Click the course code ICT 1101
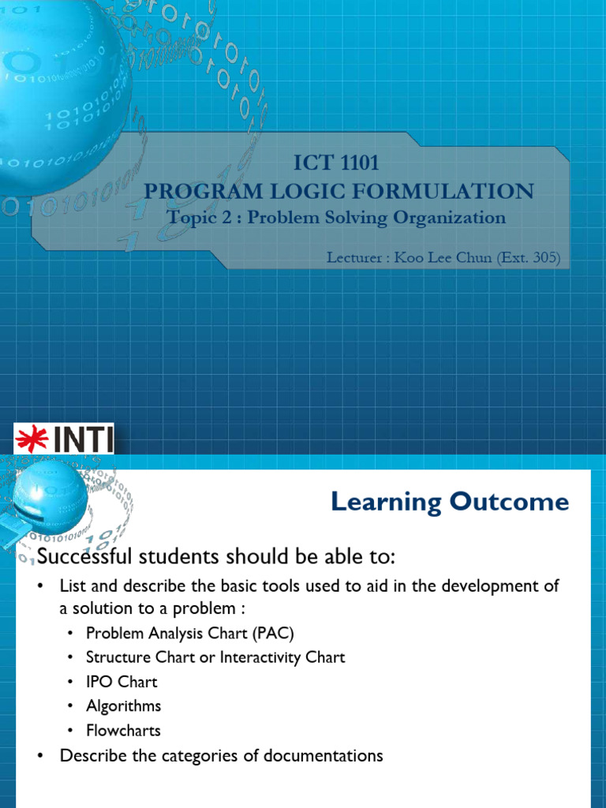point(336,163)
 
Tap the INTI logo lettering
point(83,440)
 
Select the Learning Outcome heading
point(449,502)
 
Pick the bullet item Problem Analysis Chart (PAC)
point(190,632)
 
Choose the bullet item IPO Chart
point(122,681)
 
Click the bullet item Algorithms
point(123,705)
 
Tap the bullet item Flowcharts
point(123,731)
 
